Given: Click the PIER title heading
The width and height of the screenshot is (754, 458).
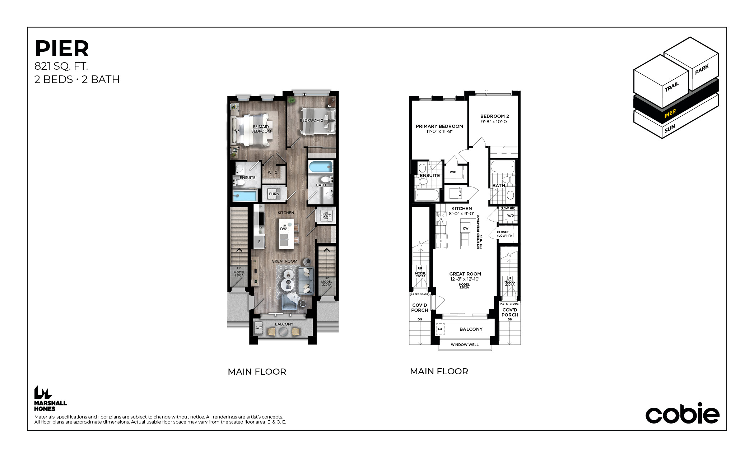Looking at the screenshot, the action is tap(62, 48).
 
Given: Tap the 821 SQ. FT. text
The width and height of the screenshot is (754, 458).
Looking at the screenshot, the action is tap(61, 66).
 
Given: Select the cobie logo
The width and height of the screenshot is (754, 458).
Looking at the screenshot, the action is tap(682, 413).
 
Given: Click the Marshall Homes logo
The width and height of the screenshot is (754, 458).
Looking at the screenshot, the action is tap(50, 398).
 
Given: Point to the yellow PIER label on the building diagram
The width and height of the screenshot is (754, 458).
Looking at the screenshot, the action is tap(670, 114).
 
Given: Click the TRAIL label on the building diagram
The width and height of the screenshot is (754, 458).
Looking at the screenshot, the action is tap(672, 87).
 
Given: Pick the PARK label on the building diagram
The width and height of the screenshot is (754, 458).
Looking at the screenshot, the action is tap(702, 69).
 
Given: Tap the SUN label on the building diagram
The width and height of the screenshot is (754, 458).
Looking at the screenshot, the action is tap(670, 128).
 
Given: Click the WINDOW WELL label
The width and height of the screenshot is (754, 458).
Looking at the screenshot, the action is tap(465, 345).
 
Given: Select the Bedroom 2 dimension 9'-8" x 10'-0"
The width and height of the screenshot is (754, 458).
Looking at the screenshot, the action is tap(495, 122).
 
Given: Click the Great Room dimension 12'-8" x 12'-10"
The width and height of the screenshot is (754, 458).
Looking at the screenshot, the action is tap(465, 279).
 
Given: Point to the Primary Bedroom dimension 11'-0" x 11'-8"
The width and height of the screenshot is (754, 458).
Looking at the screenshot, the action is tap(439, 131).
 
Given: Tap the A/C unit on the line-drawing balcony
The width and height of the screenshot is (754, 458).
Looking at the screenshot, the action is tap(440, 329).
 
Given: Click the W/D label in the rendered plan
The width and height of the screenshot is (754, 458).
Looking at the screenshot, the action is tap(327, 216).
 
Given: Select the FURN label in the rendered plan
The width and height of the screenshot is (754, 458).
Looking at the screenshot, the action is tap(274, 194).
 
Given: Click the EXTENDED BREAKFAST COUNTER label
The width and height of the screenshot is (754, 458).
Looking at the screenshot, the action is tap(480, 232).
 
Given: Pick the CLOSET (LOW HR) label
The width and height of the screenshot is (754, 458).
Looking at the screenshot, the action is tap(504, 234).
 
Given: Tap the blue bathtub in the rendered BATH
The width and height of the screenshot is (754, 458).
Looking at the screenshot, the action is tap(321, 167).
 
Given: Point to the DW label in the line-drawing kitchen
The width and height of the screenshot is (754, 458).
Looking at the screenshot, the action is tap(466, 228).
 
